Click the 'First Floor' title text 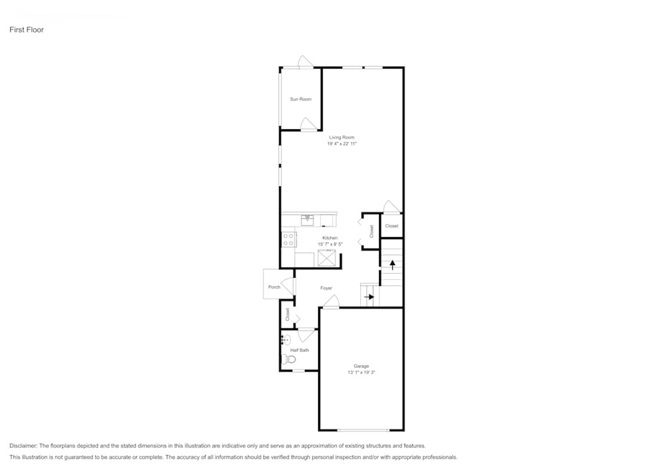27,30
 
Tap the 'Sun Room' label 300,99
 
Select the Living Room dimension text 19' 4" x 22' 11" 342,144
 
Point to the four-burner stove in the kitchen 289,240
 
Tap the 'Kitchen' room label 329,238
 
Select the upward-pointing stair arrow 392,264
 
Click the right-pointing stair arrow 368,296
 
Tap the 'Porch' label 274,287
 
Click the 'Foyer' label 326,288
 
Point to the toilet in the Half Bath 289,360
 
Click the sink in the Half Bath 285,340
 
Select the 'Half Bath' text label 299,350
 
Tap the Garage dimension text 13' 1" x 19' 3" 362,373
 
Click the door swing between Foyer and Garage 330,302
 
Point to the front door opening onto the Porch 289,285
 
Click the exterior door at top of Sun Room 305,62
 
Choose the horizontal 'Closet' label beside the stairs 392,226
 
